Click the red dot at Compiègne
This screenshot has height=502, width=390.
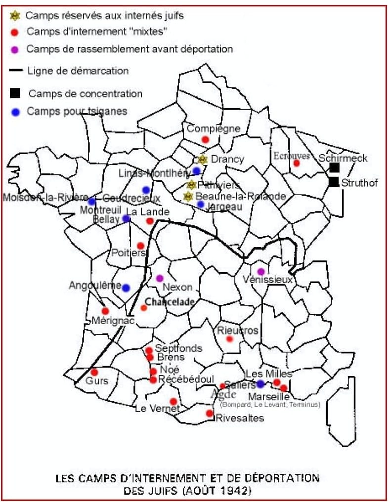click(206, 139)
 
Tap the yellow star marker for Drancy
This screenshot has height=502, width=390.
click(202, 160)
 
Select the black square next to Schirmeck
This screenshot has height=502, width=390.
click(335, 167)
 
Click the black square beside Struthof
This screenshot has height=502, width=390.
click(335, 182)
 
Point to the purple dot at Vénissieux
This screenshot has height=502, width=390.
click(261, 271)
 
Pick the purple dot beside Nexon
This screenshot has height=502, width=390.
click(159, 278)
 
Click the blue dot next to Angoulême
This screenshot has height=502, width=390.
click(126, 288)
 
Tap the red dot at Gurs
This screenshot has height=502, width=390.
click(94, 372)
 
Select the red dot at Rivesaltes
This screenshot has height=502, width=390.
click(210, 413)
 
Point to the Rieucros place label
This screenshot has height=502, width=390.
click(238, 330)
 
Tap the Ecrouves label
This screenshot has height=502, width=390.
click(292, 156)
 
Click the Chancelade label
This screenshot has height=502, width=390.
click(170, 301)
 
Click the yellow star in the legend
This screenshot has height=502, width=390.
click(15, 16)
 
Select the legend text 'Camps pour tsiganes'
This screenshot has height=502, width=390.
click(77, 111)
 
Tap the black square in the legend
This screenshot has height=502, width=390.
click(15, 93)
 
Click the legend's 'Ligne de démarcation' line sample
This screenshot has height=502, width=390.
click(16, 71)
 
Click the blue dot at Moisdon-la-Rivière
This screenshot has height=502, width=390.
click(91, 201)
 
